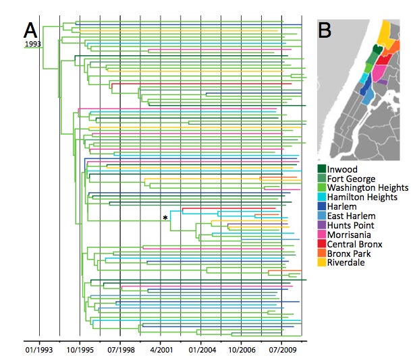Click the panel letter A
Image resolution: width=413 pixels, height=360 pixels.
point(30,30)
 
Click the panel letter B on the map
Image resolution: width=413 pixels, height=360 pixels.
point(325,30)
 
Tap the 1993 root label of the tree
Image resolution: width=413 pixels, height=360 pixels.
point(33,44)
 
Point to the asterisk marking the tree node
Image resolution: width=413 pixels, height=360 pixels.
point(165,218)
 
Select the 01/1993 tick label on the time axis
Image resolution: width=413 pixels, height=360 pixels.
point(39,350)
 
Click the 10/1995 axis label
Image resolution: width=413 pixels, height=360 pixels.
point(80,350)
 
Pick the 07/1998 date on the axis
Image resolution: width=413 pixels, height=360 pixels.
point(121,350)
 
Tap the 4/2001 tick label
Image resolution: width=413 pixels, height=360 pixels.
point(161,350)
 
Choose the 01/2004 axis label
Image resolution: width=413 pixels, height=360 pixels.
point(202,350)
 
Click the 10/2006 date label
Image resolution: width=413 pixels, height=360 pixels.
point(242,350)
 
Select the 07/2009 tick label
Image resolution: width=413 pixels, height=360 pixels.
point(283,350)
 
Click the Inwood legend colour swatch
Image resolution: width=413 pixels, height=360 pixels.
point(322,169)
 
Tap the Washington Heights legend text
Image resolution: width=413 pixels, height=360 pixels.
point(368,187)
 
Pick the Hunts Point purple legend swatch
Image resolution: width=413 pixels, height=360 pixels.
point(322,225)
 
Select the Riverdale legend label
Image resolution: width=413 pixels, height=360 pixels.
point(346,262)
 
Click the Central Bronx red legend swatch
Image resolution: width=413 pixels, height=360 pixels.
point(322,243)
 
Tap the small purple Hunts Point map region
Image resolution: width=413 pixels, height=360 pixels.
point(382,82)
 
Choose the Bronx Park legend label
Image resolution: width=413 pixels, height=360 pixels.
point(349,253)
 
